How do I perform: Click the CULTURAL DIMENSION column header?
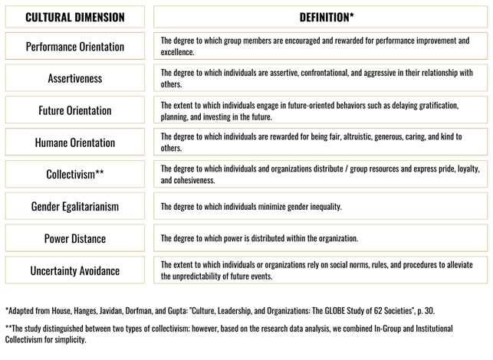(x=74, y=17)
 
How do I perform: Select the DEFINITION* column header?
(x=320, y=17)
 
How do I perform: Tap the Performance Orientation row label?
(x=74, y=47)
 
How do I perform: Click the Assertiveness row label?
(x=74, y=78)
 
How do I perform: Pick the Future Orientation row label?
(x=74, y=110)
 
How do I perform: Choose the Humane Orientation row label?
(x=74, y=142)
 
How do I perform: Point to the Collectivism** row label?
(x=74, y=175)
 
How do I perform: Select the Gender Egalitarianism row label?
(x=74, y=207)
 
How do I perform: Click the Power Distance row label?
(x=74, y=239)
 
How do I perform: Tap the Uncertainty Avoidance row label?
(x=74, y=271)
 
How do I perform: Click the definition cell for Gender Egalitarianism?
(x=320, y=207)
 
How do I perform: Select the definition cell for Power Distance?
(x=320, y=239)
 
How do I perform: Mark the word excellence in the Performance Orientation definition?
(x=177, y=53)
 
